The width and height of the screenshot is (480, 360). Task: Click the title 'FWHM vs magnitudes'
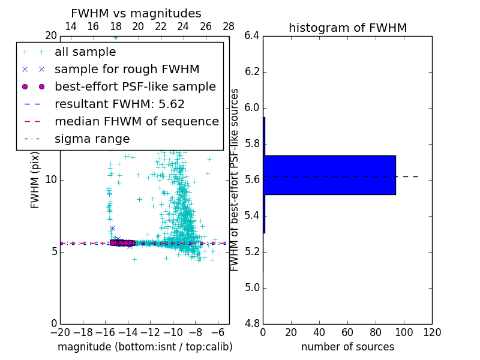[136, 13]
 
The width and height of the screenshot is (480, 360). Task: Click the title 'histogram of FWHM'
[347, 28]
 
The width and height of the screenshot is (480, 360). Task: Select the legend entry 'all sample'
[85, 52]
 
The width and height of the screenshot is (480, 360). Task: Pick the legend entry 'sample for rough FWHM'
[127, 70]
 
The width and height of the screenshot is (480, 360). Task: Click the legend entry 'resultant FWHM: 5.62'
[119, 104]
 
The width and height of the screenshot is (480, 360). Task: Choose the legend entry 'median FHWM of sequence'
[136, 122]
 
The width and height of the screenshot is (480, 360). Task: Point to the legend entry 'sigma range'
[92, 139]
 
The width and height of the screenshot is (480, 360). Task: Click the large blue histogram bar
[330, 175]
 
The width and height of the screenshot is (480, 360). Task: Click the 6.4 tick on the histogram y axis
[251, 36]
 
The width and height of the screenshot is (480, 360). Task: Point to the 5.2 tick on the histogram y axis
[251, 251]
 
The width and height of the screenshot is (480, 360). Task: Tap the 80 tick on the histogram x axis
[376, 332]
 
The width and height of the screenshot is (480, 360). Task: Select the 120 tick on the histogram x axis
[432, 332]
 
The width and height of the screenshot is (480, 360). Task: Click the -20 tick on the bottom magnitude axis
[59, 332]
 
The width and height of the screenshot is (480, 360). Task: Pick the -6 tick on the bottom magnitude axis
[218, 332]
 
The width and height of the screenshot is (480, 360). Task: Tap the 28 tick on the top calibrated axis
[229, 26]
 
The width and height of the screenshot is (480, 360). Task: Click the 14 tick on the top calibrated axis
[70, 26]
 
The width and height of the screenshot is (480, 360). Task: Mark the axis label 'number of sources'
[347, 347]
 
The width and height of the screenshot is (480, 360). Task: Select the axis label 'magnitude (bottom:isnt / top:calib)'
[145, 347]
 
